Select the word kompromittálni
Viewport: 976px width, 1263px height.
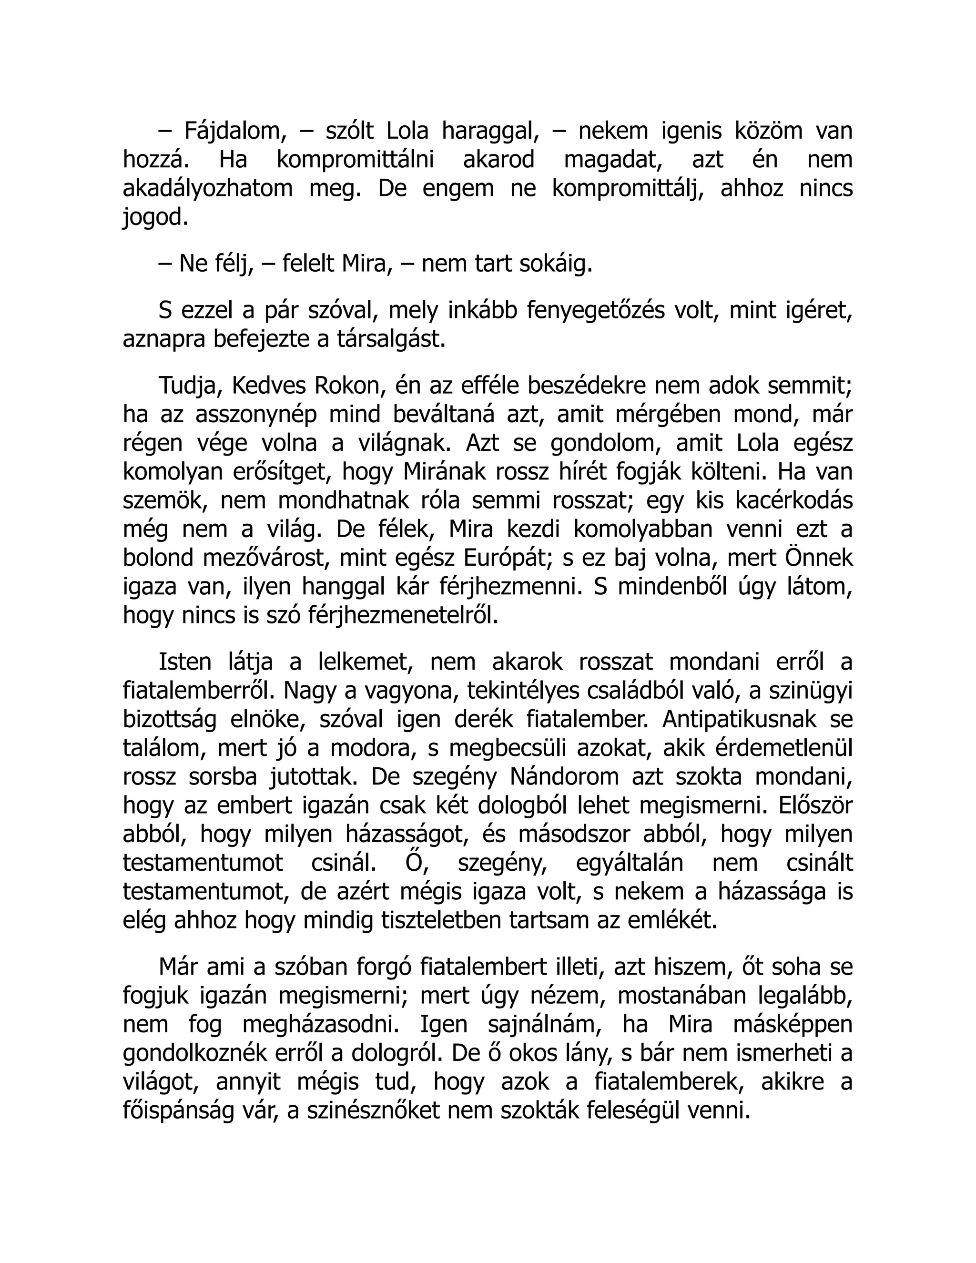355,160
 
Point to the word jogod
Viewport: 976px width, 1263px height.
155,218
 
